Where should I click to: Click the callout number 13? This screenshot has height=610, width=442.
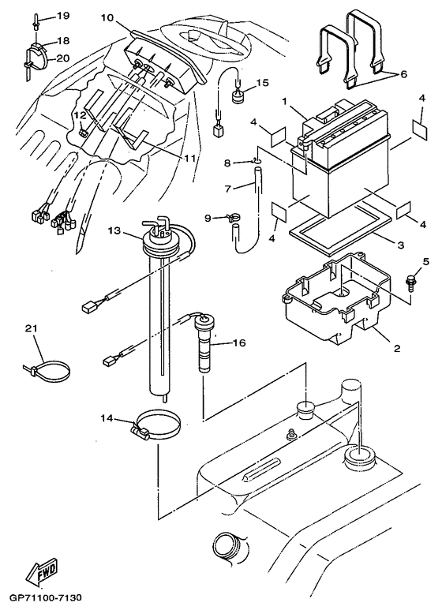(114, 231)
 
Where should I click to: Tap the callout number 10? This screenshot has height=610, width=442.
(107, 17)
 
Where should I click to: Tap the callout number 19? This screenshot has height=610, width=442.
(62, 16)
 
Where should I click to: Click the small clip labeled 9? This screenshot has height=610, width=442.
(230, 218)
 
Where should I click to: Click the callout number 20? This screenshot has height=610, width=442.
(62, 58)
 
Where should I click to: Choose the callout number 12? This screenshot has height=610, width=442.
(80, 115)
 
